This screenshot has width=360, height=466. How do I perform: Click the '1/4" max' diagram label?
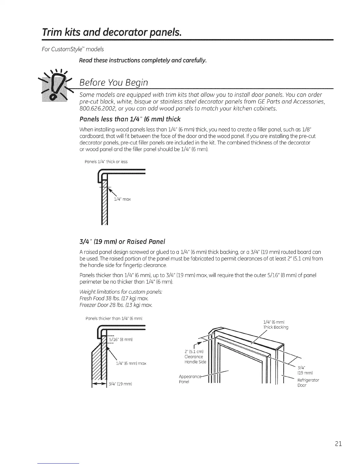(122, 199)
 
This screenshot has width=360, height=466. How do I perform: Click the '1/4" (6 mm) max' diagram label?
(131, 363)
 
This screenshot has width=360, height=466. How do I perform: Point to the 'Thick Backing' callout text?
(276, 327)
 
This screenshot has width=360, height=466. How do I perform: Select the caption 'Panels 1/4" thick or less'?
(106, 162)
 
